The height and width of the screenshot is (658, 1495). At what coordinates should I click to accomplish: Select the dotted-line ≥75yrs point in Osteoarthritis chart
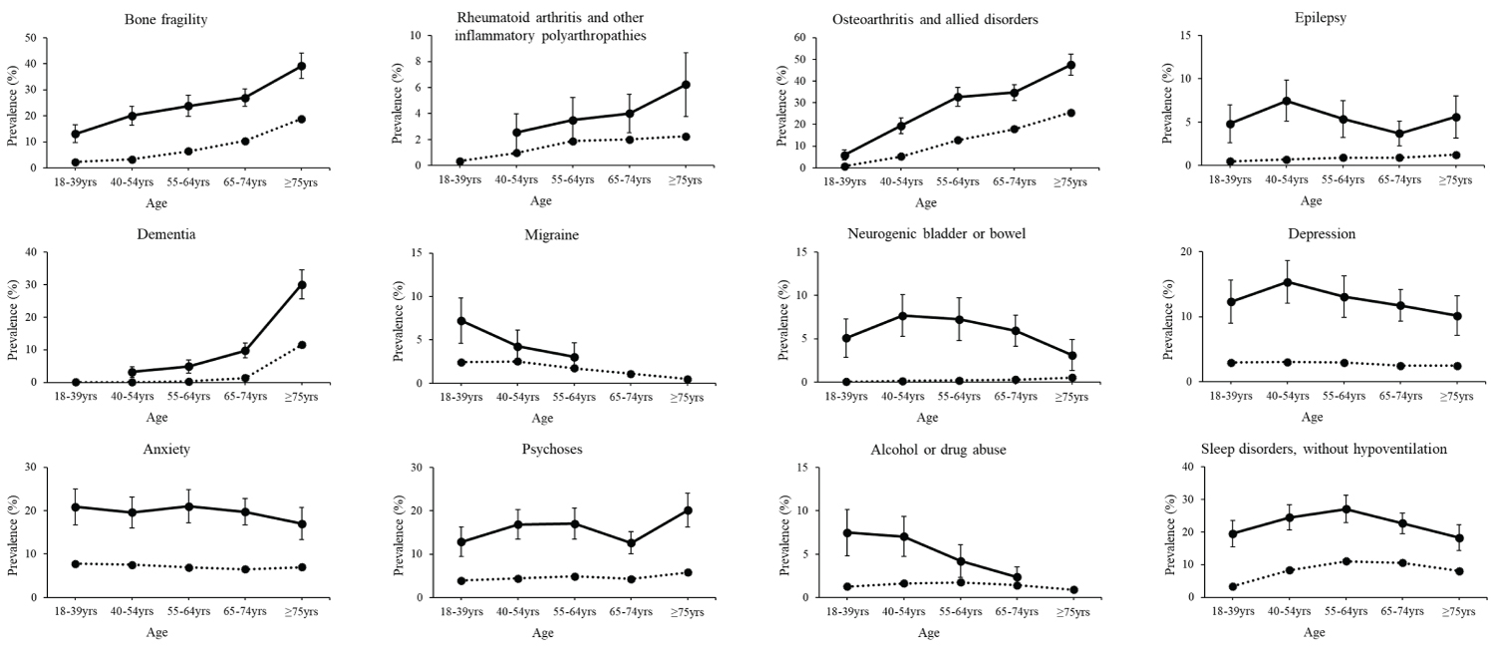pos(1071,113)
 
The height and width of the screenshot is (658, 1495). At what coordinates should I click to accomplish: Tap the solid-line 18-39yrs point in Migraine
pos(461,320)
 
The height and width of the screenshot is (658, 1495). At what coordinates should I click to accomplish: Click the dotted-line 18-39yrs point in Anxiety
pos(76,563)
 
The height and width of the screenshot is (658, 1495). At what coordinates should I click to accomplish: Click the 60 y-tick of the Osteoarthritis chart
pos(799,38)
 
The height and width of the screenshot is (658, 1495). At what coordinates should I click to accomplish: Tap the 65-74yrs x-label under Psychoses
pos(630,612)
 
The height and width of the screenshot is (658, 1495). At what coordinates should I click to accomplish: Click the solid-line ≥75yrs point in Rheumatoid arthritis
pos(686,85)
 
